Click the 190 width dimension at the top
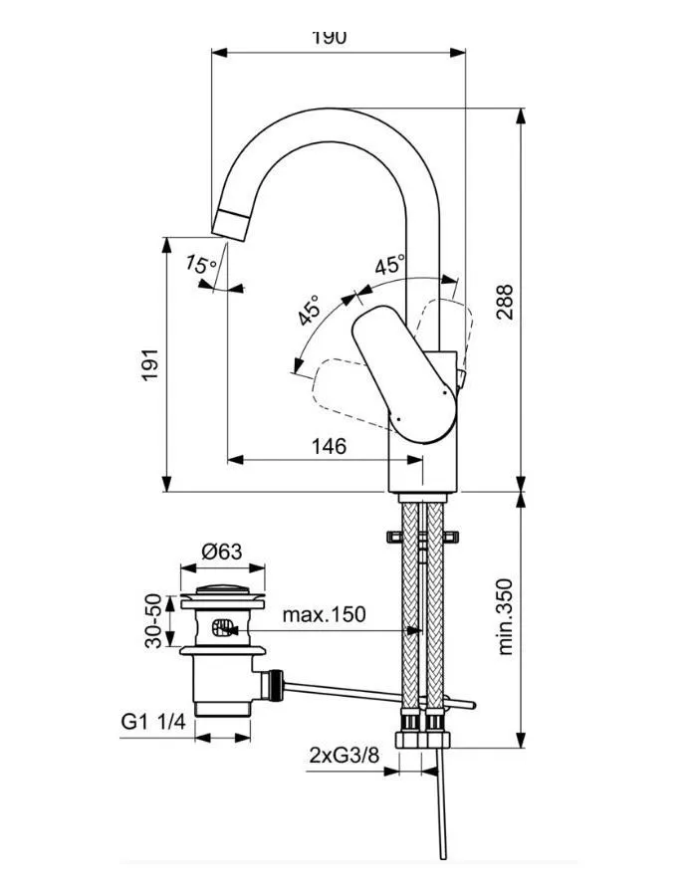click(x=329, y=38)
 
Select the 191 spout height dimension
click(x=148, y=369)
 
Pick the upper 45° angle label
click(x=389, y=266)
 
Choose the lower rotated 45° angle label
click(x=310, y=310)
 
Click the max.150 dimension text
click(x=323, y=614)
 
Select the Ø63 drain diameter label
click(x=222, y=551)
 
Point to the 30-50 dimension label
click(x=153, y=620)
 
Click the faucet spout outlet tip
click(x=232, y=225)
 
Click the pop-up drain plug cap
click(x=222, y=596)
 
